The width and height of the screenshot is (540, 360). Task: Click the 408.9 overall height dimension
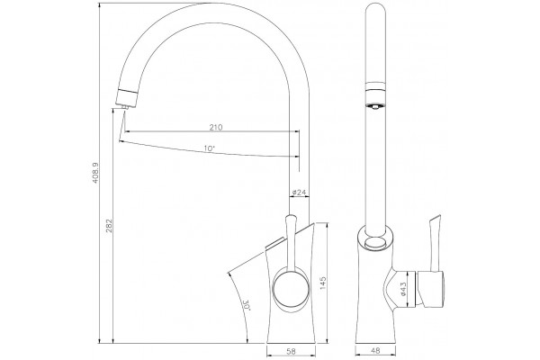click(x=95, y=178)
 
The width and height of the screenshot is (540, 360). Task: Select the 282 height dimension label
click(x=109, y=226)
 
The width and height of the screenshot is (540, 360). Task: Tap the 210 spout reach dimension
click(x=216, y=127)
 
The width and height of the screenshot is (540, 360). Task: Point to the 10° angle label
click(x=209, y=148)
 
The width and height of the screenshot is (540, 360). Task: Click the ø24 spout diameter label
click(x=299, y=193)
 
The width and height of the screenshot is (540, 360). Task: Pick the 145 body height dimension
click(x=323, y=283)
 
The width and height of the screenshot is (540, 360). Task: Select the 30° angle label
click(x=247, y=306)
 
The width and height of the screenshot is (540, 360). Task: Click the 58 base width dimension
click(x=291, y=351)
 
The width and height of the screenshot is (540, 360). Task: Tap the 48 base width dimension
click(x=376, y=351)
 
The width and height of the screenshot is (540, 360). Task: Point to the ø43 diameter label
click(x=403, y=289)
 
